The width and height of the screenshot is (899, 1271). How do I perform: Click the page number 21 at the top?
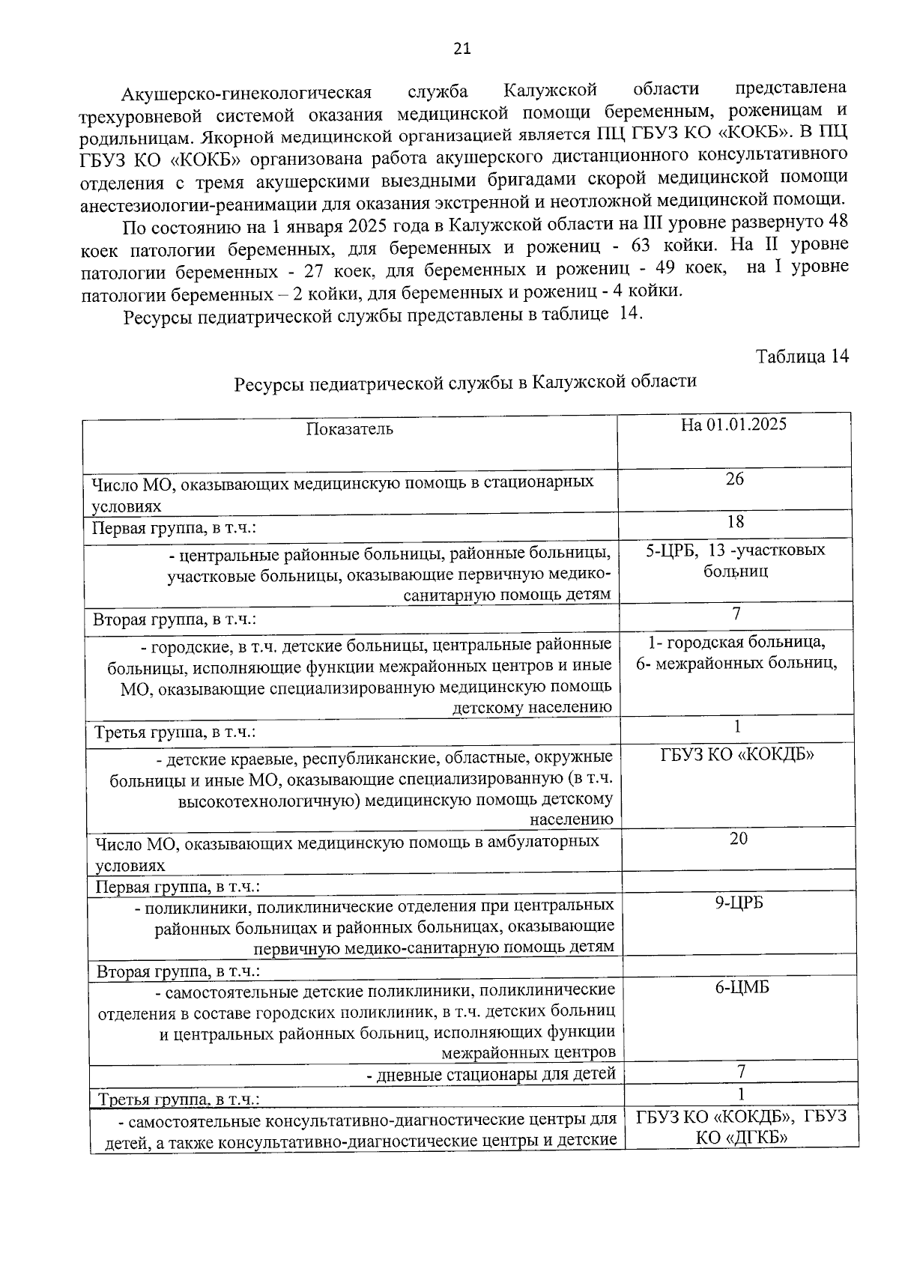[x=462, y=49]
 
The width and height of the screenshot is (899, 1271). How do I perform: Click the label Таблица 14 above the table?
[x=802, y=357]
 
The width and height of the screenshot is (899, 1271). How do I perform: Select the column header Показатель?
[x=349, y=428]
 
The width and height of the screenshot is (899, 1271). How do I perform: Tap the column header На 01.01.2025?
[x=733, y=425]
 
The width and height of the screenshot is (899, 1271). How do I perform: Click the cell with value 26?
[x=734, y=479]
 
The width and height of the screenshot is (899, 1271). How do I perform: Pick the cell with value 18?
[x=735, y=521]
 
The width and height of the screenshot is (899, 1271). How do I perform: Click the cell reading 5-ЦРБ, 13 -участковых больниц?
[x=735, y=560]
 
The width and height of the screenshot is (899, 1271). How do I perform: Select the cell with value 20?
[x=738, y=839]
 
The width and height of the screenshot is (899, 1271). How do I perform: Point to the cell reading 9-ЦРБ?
[x=738, y=903]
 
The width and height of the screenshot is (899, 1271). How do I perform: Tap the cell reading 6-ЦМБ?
[x=741, y=987]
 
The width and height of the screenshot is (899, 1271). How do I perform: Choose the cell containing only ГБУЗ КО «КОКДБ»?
[x=736, y=754]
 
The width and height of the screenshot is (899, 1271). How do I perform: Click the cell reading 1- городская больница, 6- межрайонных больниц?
[x=736, y=652]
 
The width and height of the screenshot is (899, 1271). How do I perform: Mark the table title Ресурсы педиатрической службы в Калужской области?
[x=465, y=382]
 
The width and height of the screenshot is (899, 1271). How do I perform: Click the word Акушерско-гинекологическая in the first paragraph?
[x=246, y=93]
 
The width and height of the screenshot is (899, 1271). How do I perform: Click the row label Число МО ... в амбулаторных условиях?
[x=346, y=852]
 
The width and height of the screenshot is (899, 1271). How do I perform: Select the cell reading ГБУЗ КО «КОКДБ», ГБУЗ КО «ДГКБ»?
[x=741, y=1127]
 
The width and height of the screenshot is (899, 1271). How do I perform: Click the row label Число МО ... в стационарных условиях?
[x=342, y=494]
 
